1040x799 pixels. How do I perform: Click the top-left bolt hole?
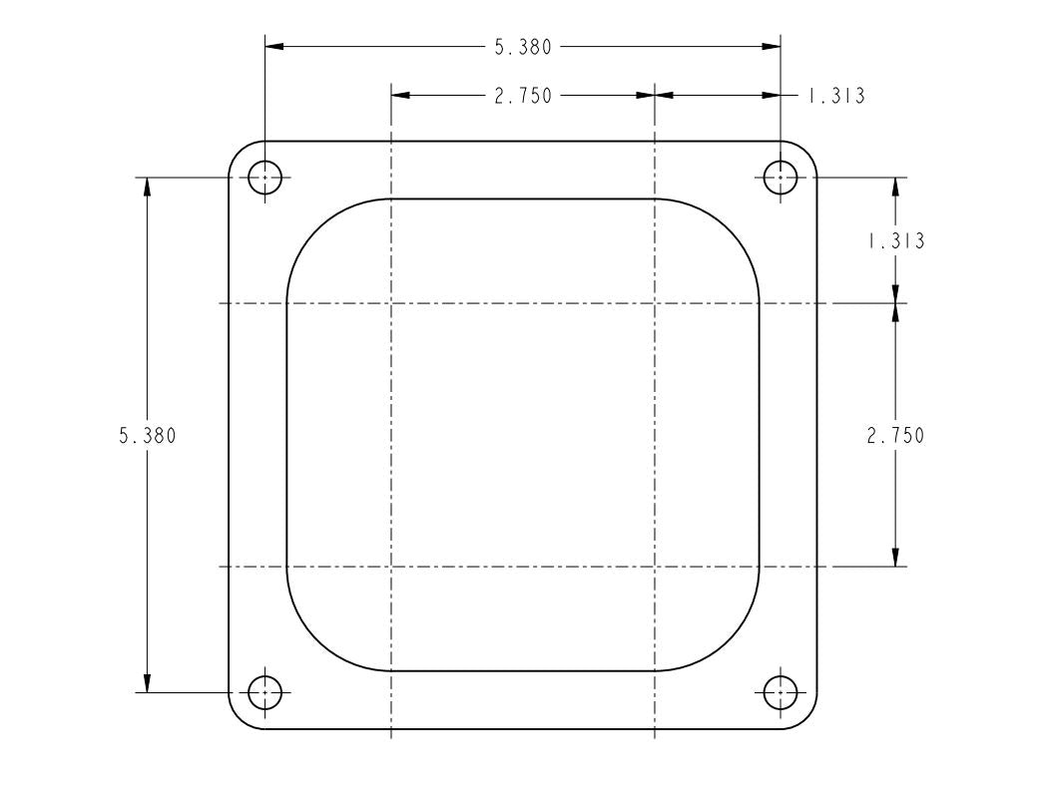coord(264,178)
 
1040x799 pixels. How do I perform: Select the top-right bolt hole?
coord(780,178)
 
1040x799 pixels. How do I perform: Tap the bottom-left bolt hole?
coord(264,691)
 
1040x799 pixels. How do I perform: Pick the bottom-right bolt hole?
coord(780,691)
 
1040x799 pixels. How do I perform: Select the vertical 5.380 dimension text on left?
coord(147,436)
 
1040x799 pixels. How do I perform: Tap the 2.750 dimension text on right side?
coord(895,436)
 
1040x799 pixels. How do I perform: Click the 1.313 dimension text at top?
coord(835,96)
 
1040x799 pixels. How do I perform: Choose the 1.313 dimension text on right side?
coord(895,241)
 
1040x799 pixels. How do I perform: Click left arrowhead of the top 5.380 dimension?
coord(272,47)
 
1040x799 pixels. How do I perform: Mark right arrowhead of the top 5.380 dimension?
coord(773,47)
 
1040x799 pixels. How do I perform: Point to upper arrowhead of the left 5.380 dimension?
coord(147,187)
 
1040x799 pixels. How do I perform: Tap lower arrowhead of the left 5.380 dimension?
coord(147,682)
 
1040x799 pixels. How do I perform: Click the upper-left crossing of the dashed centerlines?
coord(391,302)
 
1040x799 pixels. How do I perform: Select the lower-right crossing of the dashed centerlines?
coord(654,567)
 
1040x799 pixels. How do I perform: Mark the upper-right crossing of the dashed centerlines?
coord(654,302)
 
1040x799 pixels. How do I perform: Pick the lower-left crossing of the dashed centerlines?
coord(391,567)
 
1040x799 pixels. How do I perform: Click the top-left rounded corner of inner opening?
coord(317,229)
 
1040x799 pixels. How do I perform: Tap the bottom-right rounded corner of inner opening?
coord(730,640)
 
